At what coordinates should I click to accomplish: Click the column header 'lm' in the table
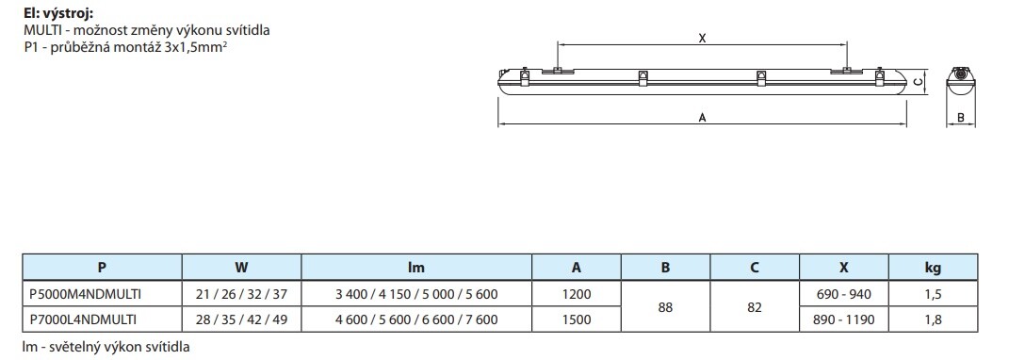point(416,268)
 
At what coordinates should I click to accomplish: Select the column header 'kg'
point(933,268)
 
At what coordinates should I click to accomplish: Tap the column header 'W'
point(241,268)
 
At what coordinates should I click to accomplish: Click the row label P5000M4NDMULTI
point(86,295)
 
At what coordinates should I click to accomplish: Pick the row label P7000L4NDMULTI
point(83,319)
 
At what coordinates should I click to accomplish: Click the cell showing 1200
point(576,295)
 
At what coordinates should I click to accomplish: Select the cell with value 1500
point(576,319)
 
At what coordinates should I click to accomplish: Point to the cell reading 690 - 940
point(843,295)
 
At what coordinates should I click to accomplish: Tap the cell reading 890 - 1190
point(843,319)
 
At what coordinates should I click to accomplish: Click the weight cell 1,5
point(933,295)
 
